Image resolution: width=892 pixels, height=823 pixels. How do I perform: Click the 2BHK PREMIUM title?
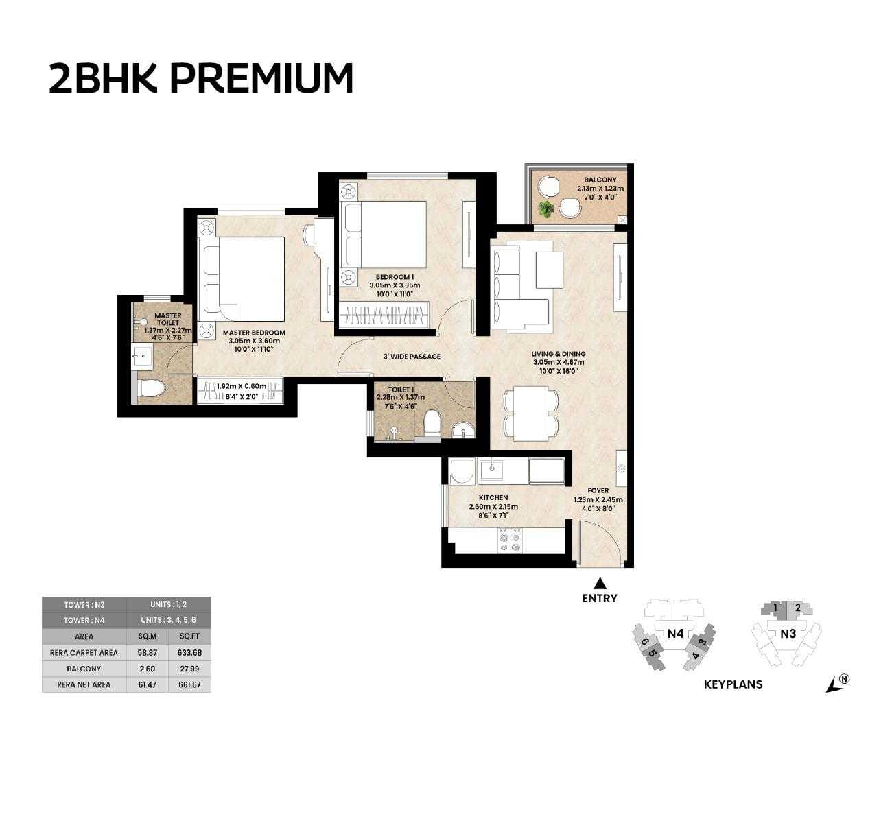pos(201,79)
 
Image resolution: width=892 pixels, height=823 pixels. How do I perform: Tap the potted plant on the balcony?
pos(546,208)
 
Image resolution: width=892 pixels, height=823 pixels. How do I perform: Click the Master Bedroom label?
pos(254,333)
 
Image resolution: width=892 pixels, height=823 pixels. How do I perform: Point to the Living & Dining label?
pos(559,354)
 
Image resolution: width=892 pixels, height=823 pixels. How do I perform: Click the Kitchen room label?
pos(493,497)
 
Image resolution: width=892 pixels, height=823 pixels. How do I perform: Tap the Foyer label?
pos(598,491)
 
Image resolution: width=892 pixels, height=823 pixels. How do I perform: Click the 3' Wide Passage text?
pos(412,357)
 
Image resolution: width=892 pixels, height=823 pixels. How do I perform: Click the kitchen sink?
pos(492,470)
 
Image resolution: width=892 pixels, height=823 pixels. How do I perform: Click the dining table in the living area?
pos(531,413)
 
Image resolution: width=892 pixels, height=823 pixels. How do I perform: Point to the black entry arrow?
pos(600,583)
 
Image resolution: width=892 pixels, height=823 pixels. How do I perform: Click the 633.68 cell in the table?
pos(189,652)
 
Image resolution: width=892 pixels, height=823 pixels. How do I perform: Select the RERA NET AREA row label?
pos(84,684)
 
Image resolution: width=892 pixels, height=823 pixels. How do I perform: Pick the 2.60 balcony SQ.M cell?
pos(148,669)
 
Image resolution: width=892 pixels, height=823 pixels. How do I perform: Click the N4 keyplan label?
pos(675,634)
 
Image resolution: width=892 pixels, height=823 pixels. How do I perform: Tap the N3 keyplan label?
pos(788,634)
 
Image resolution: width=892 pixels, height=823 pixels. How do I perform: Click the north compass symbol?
pos(838,683)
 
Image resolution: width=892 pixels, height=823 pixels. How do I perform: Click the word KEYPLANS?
pos(733,684)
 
